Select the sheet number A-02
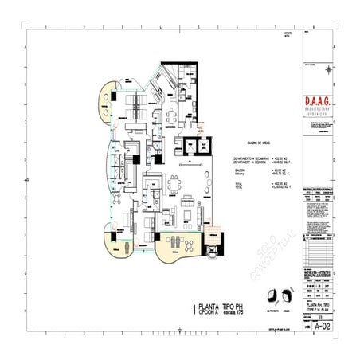[x=321, y=326]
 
